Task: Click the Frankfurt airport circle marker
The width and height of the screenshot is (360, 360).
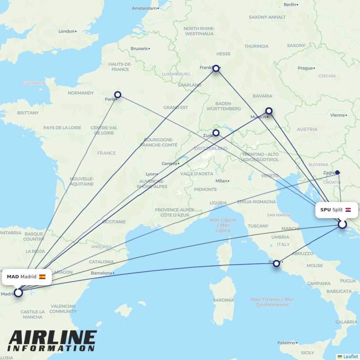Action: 216,68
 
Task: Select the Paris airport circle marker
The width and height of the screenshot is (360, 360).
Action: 117,95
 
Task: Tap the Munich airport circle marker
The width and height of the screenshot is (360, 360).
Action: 269,111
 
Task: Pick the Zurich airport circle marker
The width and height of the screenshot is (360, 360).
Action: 216,133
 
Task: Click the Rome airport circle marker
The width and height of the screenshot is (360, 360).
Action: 276,264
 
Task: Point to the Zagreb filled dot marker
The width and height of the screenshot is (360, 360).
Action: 337,172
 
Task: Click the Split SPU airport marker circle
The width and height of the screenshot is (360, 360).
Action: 342,225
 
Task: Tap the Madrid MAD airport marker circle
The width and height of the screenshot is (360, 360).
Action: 18,293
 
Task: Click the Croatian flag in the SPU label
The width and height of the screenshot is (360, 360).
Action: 348,210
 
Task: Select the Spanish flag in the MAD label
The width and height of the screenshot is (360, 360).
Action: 42,277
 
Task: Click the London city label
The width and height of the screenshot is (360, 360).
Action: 67,31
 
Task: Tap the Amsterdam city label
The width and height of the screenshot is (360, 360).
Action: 144,8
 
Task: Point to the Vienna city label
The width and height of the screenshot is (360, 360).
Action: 338,115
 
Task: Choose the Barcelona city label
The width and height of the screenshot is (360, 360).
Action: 102,273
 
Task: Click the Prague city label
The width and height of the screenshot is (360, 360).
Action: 305,68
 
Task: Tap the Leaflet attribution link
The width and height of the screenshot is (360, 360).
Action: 351,356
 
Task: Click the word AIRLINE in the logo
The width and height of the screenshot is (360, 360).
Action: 53,338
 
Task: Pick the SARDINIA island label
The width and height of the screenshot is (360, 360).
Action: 224,300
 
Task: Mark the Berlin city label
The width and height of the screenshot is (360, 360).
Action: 290,4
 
